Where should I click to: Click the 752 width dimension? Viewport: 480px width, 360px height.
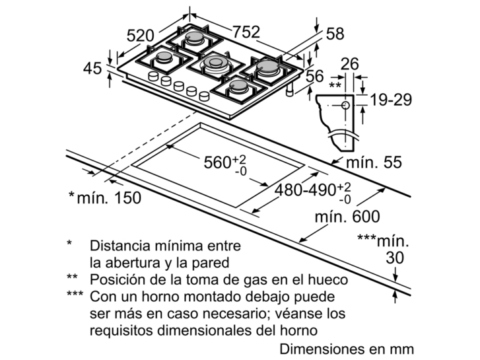(x=246, y=31)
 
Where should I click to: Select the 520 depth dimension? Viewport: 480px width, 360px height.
(x=141, y=36)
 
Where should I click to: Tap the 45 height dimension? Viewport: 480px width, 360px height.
(x=92, y=68)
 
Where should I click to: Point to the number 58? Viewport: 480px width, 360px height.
(x=335, y=34)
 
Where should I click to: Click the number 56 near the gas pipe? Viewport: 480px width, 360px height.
(x=315, y=76)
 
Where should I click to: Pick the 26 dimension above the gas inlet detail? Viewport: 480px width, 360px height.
(x=349, y=63)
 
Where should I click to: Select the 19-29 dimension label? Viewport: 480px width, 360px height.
(x=392, y=99)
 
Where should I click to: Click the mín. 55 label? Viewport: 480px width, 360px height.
(x=374, y=162)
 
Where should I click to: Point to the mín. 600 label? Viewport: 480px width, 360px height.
(x=347, y=216)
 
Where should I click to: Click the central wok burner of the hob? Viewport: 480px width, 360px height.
(x=215, y=63)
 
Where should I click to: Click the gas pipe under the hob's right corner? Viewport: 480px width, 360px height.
(x=289, y=90)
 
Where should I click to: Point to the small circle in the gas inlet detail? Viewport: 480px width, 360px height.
(x=345, y=106)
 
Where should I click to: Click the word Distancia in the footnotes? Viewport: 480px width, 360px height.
(x=121, y=246)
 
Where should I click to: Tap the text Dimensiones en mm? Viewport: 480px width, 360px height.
(x=347, y=349)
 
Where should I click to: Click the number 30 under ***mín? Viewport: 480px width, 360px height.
(x=395, y=258)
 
